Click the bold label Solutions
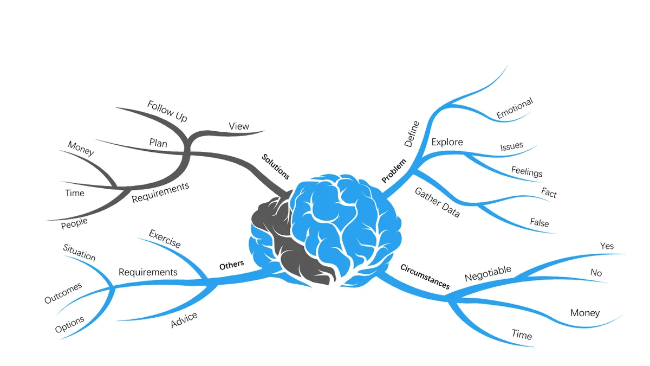point(275,167)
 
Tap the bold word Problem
point(394,171)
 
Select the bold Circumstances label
point(425,277)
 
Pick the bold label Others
point(232,265)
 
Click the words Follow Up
point(167,111)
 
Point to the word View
point(239,126)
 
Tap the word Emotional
point(515,108)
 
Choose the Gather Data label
point(437,202)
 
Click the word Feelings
point(526,171)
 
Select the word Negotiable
point(488,273)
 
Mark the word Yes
point(607,246)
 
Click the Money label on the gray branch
point(81,148)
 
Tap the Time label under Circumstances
point(522,335)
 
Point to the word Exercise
point(165,239)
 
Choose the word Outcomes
point(63,293)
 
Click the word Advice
point(184,320)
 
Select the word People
point(74,223)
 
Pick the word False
point(539,222)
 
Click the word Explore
point(447,142)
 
